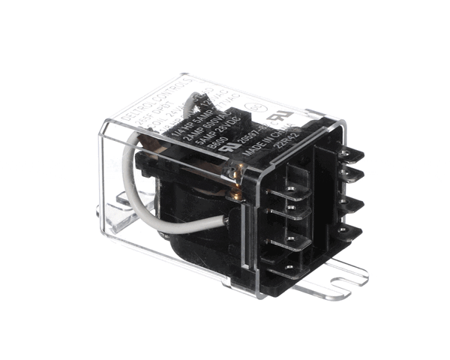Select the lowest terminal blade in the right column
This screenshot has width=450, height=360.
[349, 226]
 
